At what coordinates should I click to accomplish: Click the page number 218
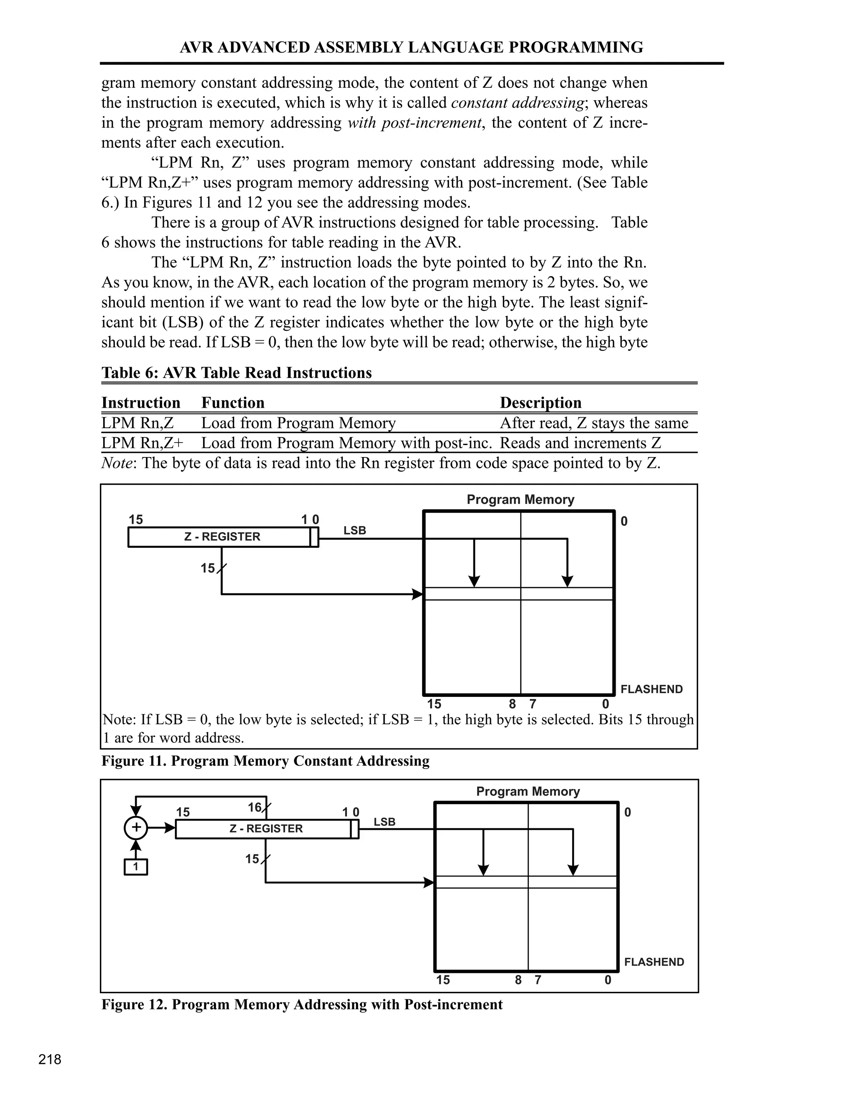click(50, 1059)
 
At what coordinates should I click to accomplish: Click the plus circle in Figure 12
click(136, 828)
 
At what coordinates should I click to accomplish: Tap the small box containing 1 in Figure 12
click(136, 867)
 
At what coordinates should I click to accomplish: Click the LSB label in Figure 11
click(354, 530)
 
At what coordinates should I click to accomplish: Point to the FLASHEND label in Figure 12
click(654, 962)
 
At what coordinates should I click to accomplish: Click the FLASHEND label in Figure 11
click(651, 689)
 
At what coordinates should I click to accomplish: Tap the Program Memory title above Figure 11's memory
click(520, 499)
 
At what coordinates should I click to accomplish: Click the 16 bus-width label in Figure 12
click(255, 808)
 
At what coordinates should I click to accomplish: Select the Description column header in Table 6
click(540, 403)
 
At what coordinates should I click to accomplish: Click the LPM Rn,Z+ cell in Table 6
click(142, 443)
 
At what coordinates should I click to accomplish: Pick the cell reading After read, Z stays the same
click(594, 423)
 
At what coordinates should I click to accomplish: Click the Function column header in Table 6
click(233, 403)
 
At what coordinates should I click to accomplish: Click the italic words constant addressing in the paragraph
click(517, 103)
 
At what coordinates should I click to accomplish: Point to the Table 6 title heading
click(236, 372)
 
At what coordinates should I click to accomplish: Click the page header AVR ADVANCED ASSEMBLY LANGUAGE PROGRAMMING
click(411, 47)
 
